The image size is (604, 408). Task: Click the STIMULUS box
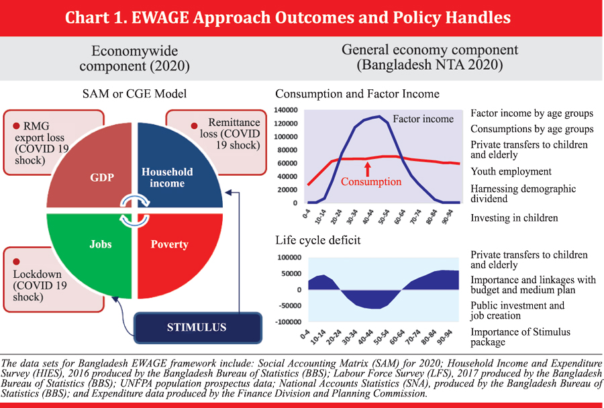pos(198,327)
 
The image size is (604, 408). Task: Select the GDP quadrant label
pos(102,177)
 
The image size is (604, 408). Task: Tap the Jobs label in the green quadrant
pos(101,244)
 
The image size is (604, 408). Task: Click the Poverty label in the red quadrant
pos(170,244)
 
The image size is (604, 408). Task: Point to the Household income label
pos(167,177)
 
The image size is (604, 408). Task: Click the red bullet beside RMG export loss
pos(16,126)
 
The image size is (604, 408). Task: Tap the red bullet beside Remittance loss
pos(194,125)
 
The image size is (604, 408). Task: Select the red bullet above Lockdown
pos(16,262)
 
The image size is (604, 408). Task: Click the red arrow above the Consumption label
pos(368,169)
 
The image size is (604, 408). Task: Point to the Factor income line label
pos(423,119)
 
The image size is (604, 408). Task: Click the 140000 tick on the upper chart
pos(286,110)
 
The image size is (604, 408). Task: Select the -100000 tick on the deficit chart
pos(289,321)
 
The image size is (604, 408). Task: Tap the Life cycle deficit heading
pos(318,240)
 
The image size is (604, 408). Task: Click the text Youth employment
pos(511,171)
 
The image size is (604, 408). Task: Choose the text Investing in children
pos(514,218)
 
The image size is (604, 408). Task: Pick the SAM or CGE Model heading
pos(134,94)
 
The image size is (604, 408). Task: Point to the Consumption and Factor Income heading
pos(357,94)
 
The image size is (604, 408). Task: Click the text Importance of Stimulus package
pos(520,337)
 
